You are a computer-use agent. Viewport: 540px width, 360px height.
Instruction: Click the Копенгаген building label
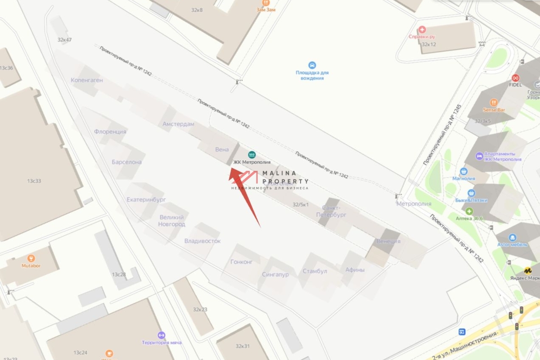click(x=87, y=80)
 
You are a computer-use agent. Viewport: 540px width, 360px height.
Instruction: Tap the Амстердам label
click(x=179, y=124)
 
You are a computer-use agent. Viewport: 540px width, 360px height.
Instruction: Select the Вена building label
click(x=222, y=149)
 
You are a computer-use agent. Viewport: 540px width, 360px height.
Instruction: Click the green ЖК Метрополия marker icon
click(x=252, y=154)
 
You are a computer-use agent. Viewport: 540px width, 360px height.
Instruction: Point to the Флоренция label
click(x=110, y=132)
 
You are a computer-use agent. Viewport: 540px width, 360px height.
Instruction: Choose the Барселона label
click(x=126, y=162)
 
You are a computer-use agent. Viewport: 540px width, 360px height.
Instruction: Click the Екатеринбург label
click(x=146, y=199)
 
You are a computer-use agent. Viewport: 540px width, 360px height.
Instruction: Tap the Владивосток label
click(x=202, y=241)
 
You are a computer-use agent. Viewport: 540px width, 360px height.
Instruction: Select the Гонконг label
click(x=242, y=261)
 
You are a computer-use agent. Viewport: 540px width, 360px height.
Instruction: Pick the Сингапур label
click(x=275, y=274)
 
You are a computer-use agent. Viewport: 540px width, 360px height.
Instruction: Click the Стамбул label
click(x=315, y=271)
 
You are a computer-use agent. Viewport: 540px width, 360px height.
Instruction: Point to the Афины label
click(x=355, y=270)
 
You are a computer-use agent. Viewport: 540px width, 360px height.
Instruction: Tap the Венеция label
click(x=388, y=241)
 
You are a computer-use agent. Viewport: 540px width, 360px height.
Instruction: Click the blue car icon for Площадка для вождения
click(x=312, y=65)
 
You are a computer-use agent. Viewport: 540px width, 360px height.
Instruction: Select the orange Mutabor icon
click(x=31, y=258)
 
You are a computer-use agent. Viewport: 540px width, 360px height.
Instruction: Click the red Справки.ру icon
click(x=422, y=30)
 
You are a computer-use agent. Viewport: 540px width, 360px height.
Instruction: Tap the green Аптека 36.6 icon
click(x=469, y=211)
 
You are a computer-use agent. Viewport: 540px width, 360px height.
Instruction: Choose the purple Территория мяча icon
click(x=162, y=335)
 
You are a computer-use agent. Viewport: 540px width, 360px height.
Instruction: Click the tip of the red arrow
click(x=231, y=168)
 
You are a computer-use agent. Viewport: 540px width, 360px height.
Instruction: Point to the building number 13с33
click(x=34, y=181)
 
